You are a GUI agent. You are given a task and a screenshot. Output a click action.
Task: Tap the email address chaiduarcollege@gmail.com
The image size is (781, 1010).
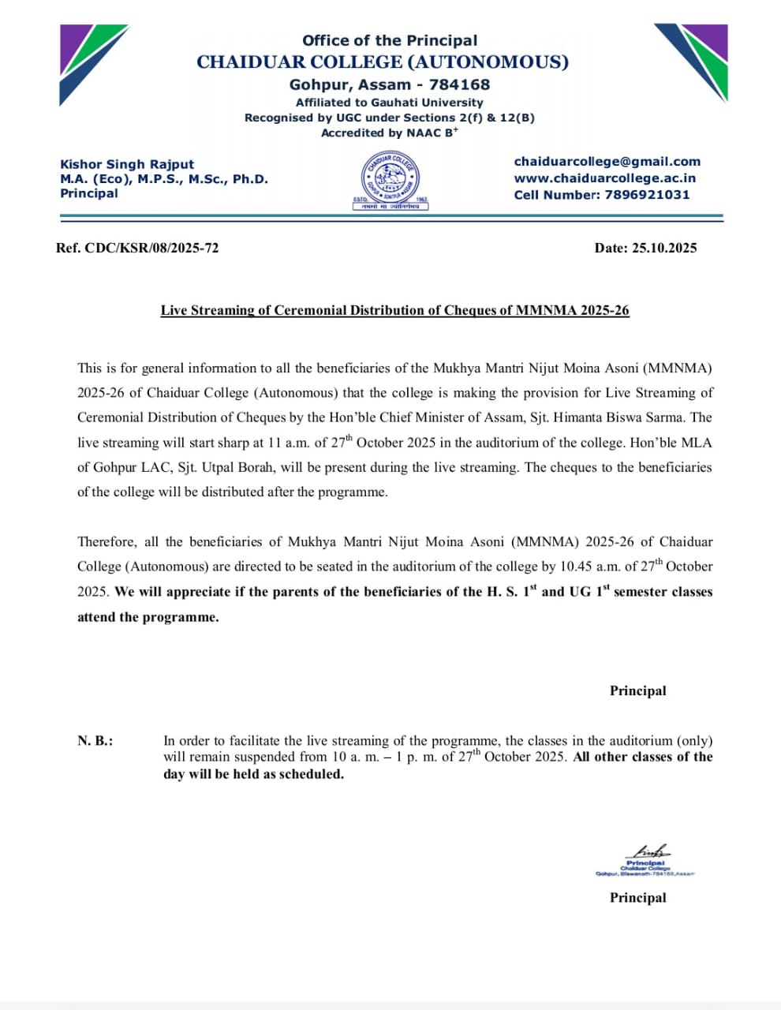click(607, 162)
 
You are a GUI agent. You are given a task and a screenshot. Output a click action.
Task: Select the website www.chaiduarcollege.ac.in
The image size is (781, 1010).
click(604, 178)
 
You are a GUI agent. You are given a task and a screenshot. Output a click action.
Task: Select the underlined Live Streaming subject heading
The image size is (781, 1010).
click(394, 310)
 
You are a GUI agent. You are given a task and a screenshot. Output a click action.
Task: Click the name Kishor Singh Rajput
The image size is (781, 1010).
click(127, 164)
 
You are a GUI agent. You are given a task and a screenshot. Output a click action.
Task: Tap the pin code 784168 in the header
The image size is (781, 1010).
click(459, 84)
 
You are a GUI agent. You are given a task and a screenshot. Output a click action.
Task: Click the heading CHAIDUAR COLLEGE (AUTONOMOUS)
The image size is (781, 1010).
click(383, 62)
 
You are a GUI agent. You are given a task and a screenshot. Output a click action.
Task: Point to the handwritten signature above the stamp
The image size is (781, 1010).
click(648, 851)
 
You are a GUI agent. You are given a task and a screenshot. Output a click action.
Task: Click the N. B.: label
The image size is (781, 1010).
click(95, 741)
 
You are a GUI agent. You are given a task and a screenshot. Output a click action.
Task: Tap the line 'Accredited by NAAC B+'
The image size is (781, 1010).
click(389, 133)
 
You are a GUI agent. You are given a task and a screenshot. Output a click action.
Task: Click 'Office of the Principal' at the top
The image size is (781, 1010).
click(390, 40)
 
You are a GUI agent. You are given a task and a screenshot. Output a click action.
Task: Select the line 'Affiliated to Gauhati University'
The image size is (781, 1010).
click(389, 103)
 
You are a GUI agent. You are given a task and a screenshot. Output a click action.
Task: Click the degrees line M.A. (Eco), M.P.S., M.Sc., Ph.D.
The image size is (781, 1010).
click(164, 179)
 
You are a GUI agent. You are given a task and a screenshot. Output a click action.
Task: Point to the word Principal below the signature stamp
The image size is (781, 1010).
click(637, 897)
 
